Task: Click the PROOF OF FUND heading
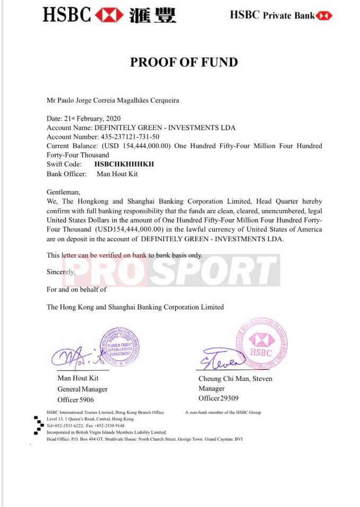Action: click(x=184, y=62)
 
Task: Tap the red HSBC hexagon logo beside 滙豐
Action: click(x=110, y=14)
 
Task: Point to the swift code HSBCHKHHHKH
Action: click(x=124, y=164)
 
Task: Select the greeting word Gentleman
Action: click(x=64, y=192)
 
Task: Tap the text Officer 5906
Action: click(x=76, y=400)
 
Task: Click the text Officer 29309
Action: click(x=218, y=398)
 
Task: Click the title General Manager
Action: click(x=82, y=389)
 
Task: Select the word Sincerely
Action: click(x=61, y=272)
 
